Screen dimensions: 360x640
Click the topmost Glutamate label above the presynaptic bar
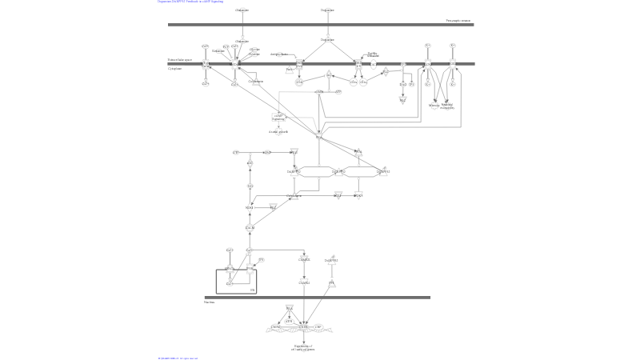[242, 10]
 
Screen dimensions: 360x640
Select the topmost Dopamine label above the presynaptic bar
[327, 10]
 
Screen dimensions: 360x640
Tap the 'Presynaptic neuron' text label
[458, 20]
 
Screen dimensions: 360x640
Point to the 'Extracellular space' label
[180, 60]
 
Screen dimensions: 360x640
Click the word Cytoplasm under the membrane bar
[174, 69]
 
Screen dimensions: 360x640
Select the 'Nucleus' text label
[209, 302]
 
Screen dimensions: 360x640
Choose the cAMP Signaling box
[278, 118]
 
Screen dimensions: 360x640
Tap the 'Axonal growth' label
[278, 131]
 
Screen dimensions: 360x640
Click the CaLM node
[250, 228]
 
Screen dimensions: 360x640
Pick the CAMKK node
[304, 259]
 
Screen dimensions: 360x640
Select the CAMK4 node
[304, 282]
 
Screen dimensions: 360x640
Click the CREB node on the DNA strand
[303, 327]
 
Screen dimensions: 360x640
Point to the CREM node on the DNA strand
[277, 327]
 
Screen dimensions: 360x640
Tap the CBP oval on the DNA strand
[318, 327]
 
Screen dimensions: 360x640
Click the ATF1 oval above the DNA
[290, 321]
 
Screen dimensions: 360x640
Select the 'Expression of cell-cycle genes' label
[304, 347]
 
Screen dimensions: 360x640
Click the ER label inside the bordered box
[252, 290]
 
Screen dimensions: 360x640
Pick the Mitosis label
[434, 105]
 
